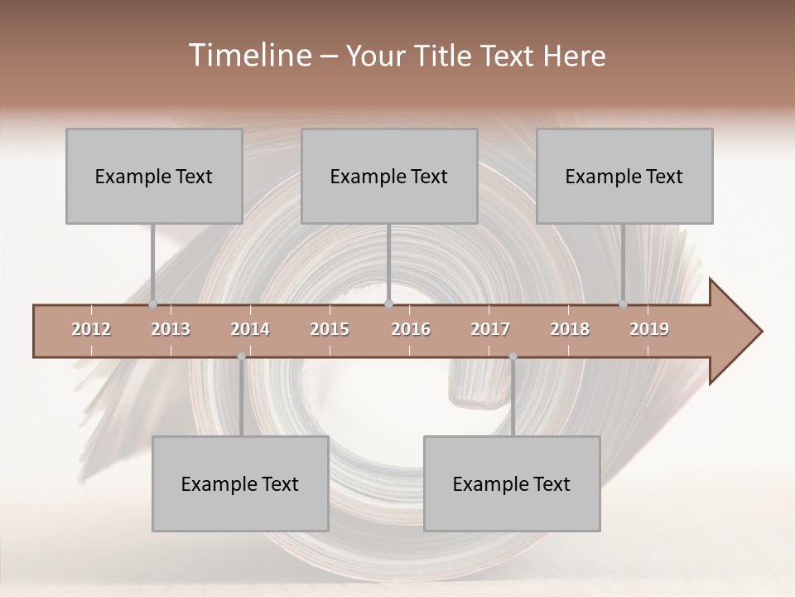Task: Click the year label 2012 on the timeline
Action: (x=91, y=329)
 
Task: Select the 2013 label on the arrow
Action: (x=171, y=329)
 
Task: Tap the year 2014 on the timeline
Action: (x=250, y=329)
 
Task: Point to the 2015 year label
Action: (x=330, y=329)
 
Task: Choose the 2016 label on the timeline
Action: (x=411, y=329)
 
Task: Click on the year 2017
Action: (x=490, y=329)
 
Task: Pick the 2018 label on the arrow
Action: (x=570, y=329)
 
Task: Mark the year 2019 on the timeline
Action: (x=649, y=329)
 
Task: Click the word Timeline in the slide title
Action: (x=248, y=56)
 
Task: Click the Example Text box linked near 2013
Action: (x=154, y=176)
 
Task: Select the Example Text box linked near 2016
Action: (x=389, y=176)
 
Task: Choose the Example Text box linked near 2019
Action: (x=624, y=176)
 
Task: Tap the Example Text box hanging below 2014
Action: (x=240, y=483)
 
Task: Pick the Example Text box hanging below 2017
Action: (x=512, y=483)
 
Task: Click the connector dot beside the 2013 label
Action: (x=152, y=304)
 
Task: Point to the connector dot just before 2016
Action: (x=388, y=304)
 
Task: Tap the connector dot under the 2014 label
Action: (x=241, y=357)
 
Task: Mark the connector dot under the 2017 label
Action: (x=513, y=357)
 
